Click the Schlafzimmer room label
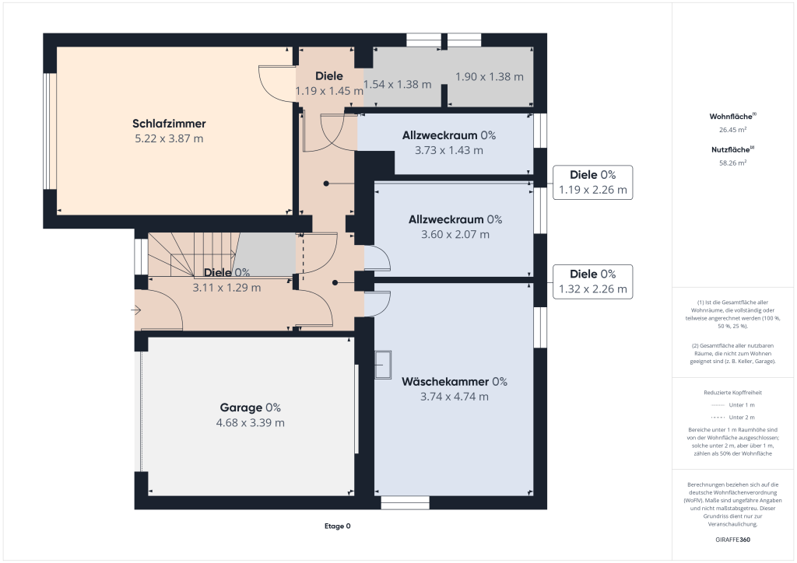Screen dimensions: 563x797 click(169, 123)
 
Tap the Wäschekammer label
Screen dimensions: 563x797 click(445, 381)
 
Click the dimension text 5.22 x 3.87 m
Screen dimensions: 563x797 click(169, 138)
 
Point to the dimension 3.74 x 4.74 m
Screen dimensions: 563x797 click(455, 397)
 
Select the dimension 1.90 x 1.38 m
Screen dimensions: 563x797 click(489, 76)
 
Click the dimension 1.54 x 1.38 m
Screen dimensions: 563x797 click(398, 84)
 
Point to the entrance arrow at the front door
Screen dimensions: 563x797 click(137, 310)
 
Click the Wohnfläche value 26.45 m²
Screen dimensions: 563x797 click(732, 130)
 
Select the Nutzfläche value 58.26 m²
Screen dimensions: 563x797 click(732, 163)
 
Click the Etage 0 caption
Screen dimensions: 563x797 click(337, 526)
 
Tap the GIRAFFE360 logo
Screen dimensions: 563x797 click(732, 540)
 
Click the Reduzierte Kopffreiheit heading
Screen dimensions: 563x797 click(732, 393)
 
